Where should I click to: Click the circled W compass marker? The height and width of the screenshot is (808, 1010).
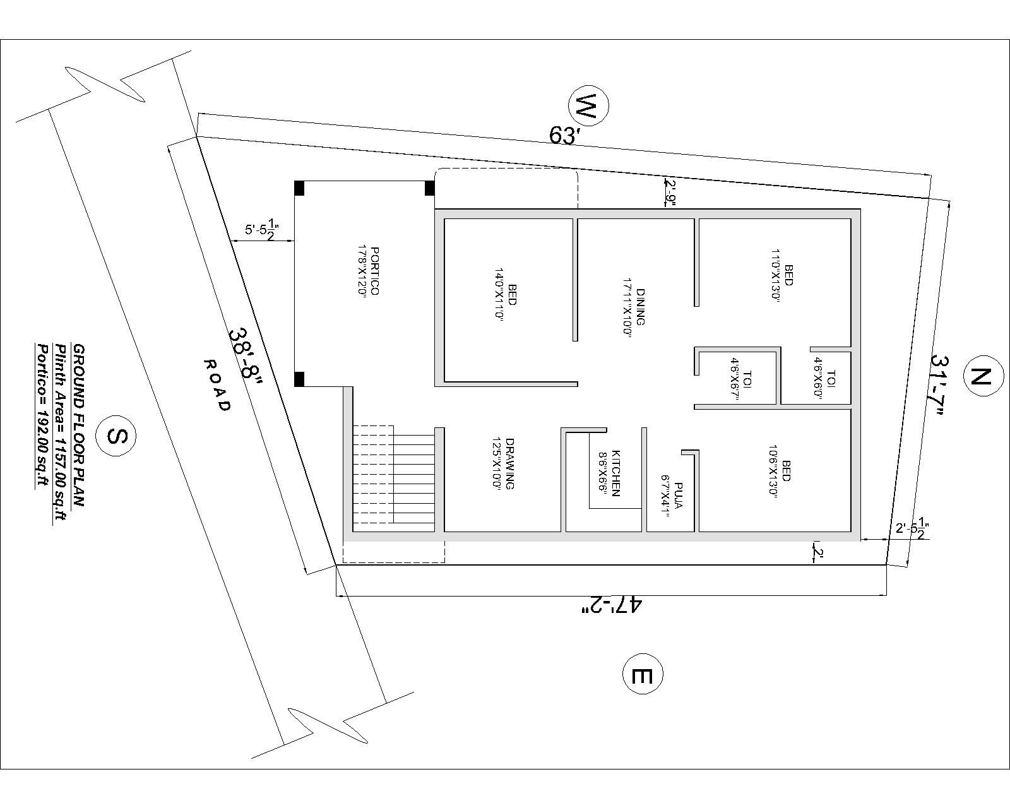(588, 108)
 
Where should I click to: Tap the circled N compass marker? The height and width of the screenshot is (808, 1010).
(982, 377)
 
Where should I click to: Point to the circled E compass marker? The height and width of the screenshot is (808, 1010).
(643, 675)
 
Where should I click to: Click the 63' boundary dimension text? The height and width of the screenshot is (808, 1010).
(564, 134)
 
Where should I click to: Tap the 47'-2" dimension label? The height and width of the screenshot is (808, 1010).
(611, 606)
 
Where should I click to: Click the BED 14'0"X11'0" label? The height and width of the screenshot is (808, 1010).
(506, 295)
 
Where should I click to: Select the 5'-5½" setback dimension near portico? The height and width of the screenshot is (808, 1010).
(263, 229)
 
